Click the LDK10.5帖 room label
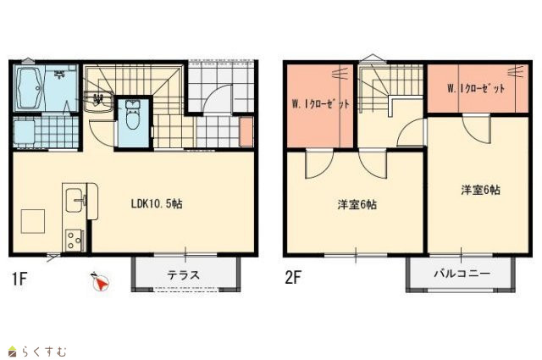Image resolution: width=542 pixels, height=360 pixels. pyautogui.click(x=157, y=204)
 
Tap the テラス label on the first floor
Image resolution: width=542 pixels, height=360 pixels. pyautogui.click(x=183, y=275)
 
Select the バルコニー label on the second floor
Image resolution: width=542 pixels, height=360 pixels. pyautogui.click(x=462, y=274)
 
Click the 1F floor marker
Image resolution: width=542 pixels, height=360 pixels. pyautogui.click(x=19, y=279)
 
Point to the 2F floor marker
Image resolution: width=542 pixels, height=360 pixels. pyautogui.click(x=293, y=277)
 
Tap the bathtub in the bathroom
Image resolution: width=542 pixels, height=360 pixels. pyautogui.click(x=29, y=88)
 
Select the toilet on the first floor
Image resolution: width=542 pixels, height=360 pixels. pyautogui.click(x=131, y=115)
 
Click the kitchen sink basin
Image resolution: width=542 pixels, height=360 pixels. pyautogui.click(x=75, y=200)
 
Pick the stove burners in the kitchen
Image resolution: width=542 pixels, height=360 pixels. pyautogui.click(x=74, y=241)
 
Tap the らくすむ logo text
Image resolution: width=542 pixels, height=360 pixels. pyautogui.click(x=44, y=352)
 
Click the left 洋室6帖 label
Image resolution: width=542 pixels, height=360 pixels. pyautogui.click(x=357, y=205)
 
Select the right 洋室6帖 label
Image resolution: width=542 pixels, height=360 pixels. pyautogui.click(x=480, y=190)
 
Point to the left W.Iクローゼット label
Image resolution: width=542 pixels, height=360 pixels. pyautogui.click(x=321, y=103)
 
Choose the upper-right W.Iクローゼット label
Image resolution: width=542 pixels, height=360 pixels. pyautogui.click(x=476, y=89)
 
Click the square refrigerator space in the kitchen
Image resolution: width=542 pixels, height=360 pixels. pyautogui.click(x=33, y=221)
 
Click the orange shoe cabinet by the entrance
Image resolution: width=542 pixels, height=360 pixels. pyautogui.click(x=246, y=132)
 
